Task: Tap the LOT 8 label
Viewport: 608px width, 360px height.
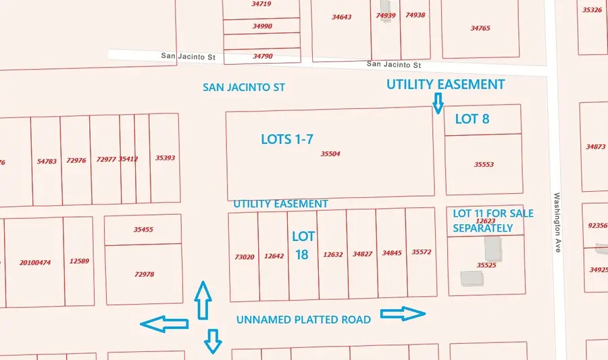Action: click(472, 119)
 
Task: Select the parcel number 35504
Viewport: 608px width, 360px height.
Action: click(330, 154)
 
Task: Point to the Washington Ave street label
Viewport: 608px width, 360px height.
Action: click(558, 223)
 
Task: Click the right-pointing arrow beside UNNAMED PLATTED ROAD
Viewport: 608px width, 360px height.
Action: click(403, 313)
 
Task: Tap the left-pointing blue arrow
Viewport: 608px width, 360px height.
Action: click(164, 325)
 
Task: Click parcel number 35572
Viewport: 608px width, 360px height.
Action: click(421, 253)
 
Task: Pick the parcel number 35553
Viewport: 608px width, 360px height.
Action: click(484, 164)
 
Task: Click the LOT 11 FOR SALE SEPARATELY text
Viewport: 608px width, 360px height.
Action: click(492, 221)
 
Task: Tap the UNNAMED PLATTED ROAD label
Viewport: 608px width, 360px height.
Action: click(303, 319)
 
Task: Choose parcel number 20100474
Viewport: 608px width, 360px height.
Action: click(35, 262)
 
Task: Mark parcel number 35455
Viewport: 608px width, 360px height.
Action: click(143, 230)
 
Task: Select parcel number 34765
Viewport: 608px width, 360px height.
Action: click(480, 28)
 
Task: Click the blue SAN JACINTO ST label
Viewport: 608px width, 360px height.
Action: click(244, 88)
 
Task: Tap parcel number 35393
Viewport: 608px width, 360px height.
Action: click(165, 158)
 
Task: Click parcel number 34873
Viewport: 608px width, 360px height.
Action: click(596, 147)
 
